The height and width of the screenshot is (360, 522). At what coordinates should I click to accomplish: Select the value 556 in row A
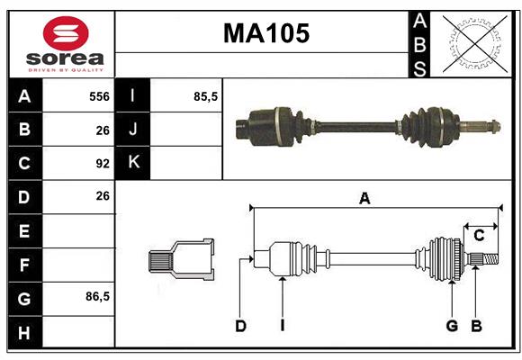click(x=99, y=96)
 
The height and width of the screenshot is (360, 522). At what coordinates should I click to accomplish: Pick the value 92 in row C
click(x=103, y=164)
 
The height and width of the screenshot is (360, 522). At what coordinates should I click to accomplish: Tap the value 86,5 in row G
click(x=97, y=296)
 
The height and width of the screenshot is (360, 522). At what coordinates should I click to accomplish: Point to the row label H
click(x=24, y=333)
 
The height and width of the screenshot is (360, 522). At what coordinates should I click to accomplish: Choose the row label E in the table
click(x=24, y=231)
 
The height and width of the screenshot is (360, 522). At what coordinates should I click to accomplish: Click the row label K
click(x=133, y=163)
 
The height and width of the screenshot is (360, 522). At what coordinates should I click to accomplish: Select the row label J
click(x=133, y=130)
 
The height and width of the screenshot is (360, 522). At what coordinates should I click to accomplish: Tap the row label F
click(x=24, y=265)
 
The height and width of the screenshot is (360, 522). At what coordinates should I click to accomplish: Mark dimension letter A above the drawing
click(x=364, y=199)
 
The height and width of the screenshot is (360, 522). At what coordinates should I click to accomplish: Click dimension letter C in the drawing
click(x=479, y=236)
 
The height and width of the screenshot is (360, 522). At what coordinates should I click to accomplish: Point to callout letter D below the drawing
click(x=240, y=326)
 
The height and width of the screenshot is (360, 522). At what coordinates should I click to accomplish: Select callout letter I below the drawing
click(x=282, y=326)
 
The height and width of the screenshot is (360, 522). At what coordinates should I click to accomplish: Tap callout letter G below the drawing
click(x=452, y=326)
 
